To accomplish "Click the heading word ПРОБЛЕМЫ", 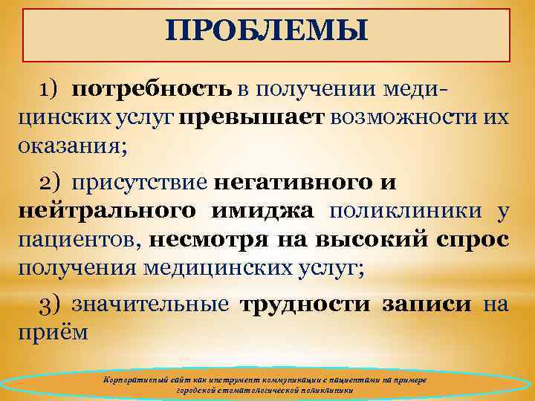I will (x=267, y=30).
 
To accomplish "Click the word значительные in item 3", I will (x=152, y=305).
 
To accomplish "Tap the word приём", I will (x=52, y=332).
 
